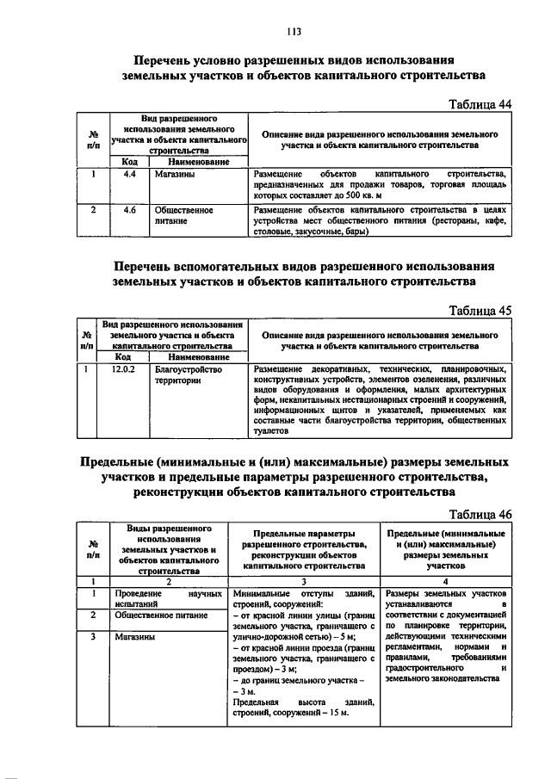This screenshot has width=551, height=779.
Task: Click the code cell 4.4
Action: coord(131,174)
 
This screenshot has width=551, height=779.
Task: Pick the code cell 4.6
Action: coord(131,208)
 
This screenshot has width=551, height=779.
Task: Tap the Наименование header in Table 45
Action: coord(197,356)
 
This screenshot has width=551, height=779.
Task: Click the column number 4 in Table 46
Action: coord(445,581)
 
